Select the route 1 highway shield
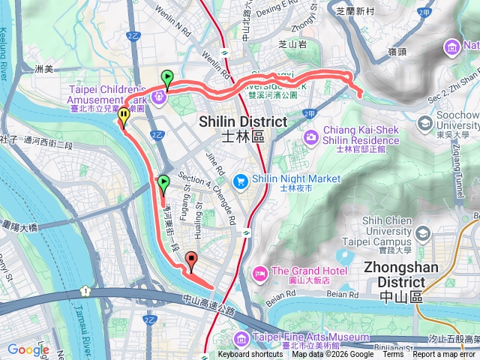pyautogui.click(x=86, y=290)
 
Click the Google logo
pyautogui.click(x=28, y=349)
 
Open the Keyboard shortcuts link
pyautogui.click(x=250, y=355)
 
